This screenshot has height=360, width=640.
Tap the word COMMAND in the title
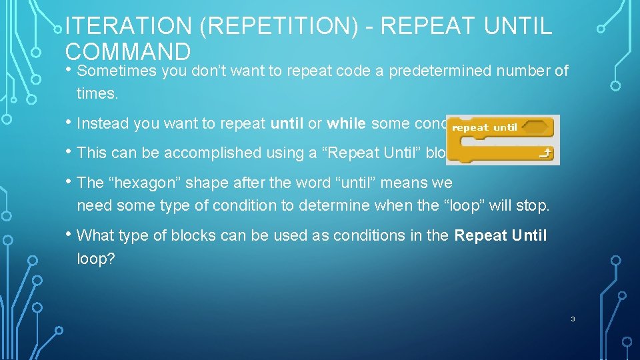coord(128,52)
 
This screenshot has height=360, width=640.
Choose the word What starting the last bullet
coord(96,235)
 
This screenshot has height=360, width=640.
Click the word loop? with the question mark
coord(96,259)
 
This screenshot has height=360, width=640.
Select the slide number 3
coord(572,319)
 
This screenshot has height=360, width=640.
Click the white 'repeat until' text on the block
coord(484,127)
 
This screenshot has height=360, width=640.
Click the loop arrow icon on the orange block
coord(545,154)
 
